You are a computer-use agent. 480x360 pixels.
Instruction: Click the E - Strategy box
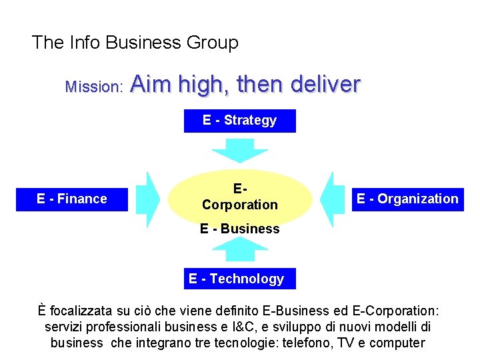click(x=239, y=121)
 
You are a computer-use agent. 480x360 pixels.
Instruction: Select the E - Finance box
click(x=72, y=199)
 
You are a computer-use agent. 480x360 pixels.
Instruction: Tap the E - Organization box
click(x=407, y=199)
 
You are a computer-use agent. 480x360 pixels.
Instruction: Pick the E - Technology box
click(x=237, y=279)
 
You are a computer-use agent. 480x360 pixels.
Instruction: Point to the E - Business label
click(x=239, y=229)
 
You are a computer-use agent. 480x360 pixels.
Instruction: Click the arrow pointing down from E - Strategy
click(x=239, y=149)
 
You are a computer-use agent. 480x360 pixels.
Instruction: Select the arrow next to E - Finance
click(x=153, y=199)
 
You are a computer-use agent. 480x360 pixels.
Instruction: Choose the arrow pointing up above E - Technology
click(x=239, y=249)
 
